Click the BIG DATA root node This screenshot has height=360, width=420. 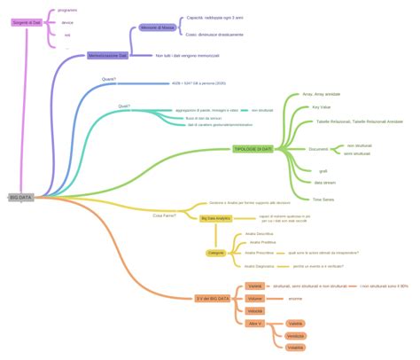19,197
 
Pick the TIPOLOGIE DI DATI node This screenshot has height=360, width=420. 253,149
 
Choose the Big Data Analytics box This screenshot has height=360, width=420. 215,217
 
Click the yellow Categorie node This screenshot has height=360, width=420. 215,253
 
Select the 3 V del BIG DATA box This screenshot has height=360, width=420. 212,299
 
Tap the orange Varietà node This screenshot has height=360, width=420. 255,286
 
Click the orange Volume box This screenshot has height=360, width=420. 255,299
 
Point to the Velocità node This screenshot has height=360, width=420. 255,311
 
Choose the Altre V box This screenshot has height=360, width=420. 255,324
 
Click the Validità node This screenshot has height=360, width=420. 296,324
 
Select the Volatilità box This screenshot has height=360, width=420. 296,348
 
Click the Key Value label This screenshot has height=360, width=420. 322,106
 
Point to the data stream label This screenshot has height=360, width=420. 324,182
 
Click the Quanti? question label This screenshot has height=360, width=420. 109,79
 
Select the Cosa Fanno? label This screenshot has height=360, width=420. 163,215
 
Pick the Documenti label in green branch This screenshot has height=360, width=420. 318,149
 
